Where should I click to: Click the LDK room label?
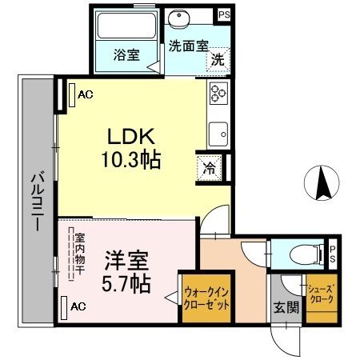pyautogui.click(x=131, y=136)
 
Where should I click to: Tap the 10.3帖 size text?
pyautogui.click(x=131, y=160)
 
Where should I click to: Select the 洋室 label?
pyautogui.click(x=126, y=260)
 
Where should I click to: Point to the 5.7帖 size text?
pyautogui.click(x=126, y=283)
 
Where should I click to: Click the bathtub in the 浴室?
pyautogui.click(x=126, y=26)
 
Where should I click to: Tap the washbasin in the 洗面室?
pyautogui.click(x=179, y=18)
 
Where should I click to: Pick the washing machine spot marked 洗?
pyautogui.click(x=218, y=60)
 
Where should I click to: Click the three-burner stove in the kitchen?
pyautogui.click(x=218, y=93)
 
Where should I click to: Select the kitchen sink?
pyautogui.click(x=218, y=134)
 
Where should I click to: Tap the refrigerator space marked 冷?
pyautogui.click(x=210, y=168)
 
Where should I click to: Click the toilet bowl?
pyautogui.click(x=306, y=255)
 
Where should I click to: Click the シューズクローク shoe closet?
pyautogui.click(x=322, y=298)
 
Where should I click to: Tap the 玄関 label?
pyautogui.click(x=286, y=308)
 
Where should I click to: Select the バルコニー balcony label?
pyautogui.click(x=38, y=202)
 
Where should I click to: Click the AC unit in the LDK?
pyautogui.click(x=72, y=95)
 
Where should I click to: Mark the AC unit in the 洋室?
pyautogui.click(x=64, y=308)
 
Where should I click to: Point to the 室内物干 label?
pyautogui.click(x=79, y=254)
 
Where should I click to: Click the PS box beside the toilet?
pyautogui.click(x=333, y=254)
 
